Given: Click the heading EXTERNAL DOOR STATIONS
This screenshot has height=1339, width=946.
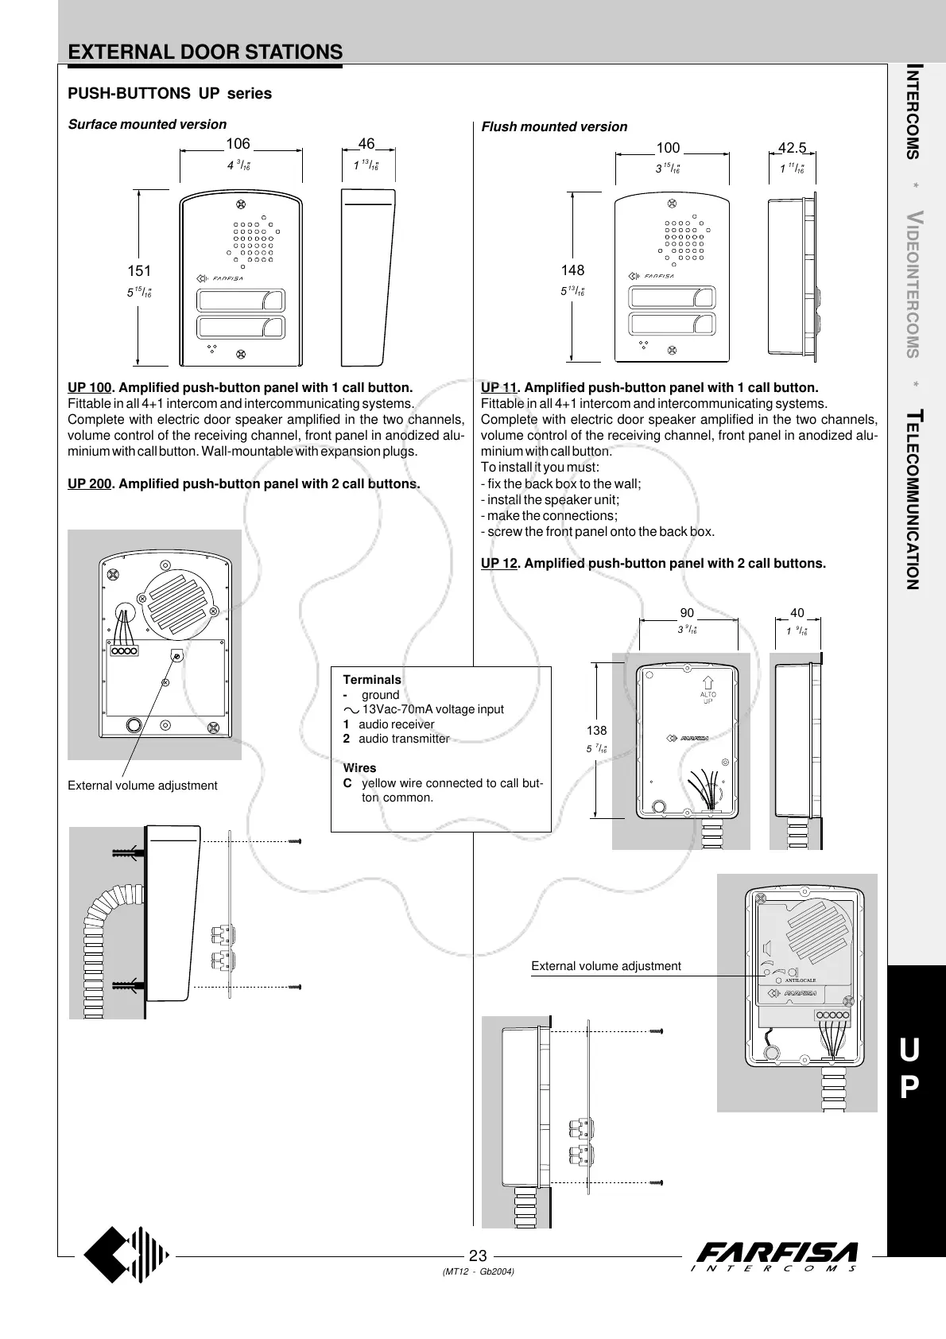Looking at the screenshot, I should click(205, 52).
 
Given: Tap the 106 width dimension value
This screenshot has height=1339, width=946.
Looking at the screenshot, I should click(238, 144).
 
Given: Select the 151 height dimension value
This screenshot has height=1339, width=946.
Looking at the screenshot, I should click(139, 271).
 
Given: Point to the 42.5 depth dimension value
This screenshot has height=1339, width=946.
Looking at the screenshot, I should click(792, 148).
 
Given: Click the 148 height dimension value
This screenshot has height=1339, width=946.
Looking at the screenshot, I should click(572, 270).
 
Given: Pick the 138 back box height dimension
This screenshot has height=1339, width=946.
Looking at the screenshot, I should click(596, 731).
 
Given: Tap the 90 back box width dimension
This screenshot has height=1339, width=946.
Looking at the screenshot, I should click(687, 613).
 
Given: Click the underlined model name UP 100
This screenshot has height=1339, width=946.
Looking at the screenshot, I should click(89, 388).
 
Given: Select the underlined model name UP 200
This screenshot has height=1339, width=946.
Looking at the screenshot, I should click(89, 483).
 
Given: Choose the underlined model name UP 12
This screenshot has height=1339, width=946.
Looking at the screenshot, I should click(499, 563).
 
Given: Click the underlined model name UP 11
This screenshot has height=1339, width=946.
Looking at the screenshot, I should click(499, 388).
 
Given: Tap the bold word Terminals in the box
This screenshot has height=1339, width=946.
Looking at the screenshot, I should click(372, 680).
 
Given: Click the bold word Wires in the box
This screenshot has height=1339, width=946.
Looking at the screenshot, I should click(359, 768).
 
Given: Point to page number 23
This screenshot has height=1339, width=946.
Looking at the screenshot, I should click(478, 1256).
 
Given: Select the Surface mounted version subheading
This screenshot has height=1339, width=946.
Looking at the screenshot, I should click(147, 124).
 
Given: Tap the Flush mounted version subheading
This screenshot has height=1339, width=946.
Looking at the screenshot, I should click(554, 126).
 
